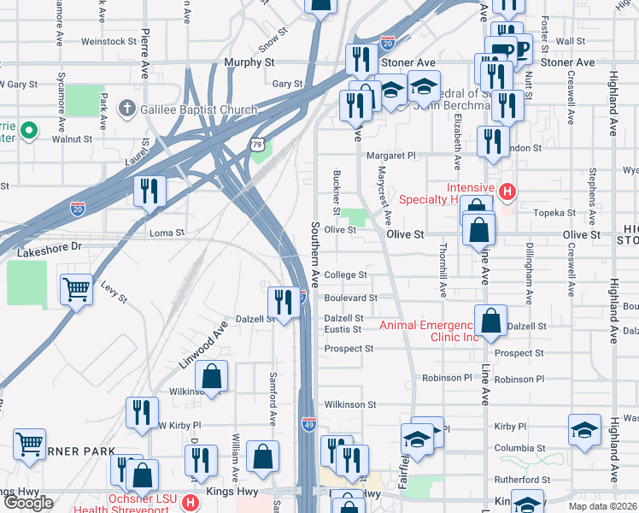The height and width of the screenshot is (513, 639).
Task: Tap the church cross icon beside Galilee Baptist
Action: (x=126, y=109)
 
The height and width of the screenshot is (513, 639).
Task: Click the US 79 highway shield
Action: (x=257, y=145)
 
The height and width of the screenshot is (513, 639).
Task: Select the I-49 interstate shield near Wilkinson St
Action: (x=308, y=423)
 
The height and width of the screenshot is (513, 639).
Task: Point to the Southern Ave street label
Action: (x=314, y=255)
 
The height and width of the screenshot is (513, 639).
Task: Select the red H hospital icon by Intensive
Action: (x=507, y=190)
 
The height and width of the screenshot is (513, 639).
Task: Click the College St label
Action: (x=345, y=275)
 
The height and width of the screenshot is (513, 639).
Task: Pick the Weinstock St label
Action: (x=109, y=41)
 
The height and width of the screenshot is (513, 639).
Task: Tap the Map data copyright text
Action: (x=605, y=506)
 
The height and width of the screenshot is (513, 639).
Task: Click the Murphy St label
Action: (x=249, y=63)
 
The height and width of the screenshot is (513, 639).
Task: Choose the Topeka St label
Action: (x=557, y=212)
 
